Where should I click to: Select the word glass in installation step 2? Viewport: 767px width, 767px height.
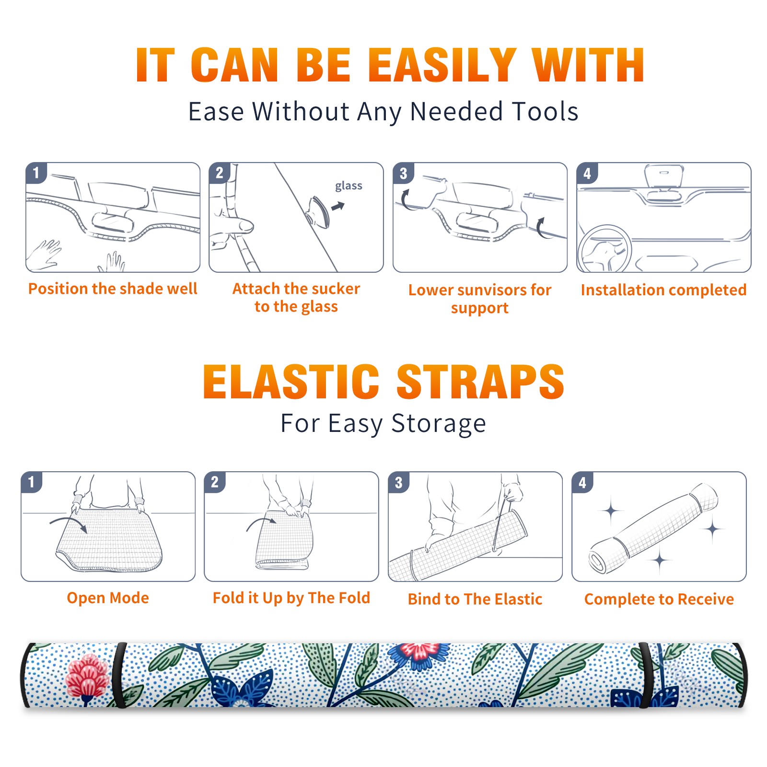tap(349, 186)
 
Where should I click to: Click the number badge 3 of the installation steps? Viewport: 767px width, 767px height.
tap(403, 173)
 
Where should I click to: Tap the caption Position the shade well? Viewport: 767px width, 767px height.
tap(113, 289)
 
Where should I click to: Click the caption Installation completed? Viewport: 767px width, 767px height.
tap(663, 290)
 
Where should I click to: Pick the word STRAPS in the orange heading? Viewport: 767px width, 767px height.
tap(480, 382)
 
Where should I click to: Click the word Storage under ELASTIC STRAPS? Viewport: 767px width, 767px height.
tap(439, 424)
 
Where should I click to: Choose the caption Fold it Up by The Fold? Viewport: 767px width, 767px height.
tap(291, 598)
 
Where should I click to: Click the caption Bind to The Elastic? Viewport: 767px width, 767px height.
tap(475, 599)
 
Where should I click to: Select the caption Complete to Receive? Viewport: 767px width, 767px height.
tap(659, 599)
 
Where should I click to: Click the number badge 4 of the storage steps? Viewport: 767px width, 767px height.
tap(582, 482)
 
